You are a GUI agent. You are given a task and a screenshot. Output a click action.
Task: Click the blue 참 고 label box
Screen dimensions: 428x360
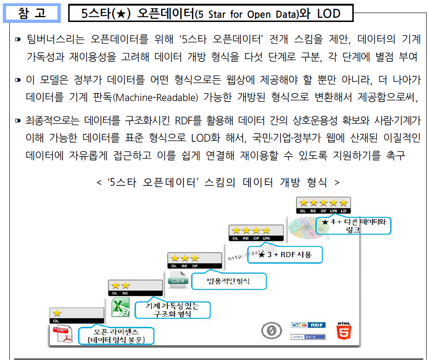(32, 13)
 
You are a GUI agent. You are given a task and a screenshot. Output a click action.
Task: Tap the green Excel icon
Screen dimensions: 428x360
(120, 307)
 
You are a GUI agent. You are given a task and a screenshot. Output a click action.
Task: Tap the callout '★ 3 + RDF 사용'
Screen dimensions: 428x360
(285, 255)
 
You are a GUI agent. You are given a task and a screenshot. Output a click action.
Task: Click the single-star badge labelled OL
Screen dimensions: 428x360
(77, 315)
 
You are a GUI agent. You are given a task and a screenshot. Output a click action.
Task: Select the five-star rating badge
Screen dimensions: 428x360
(324, 204)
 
